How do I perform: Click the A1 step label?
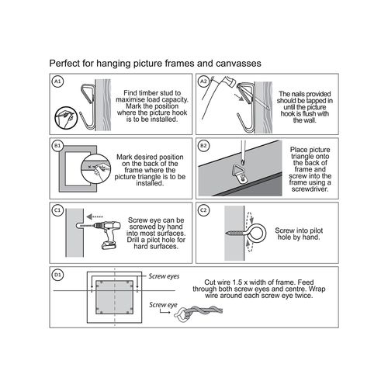click(x=57, y=81)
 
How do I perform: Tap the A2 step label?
click(x=203, y=81)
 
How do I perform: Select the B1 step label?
click(x=57, y=146)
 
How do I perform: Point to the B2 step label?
click(x=203, y=146)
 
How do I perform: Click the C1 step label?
click(x=57, y=210)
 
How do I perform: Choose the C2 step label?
click(x=203, y=210)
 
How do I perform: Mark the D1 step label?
click(x=57, y=275)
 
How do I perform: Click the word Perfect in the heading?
click(x=67, y=62)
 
